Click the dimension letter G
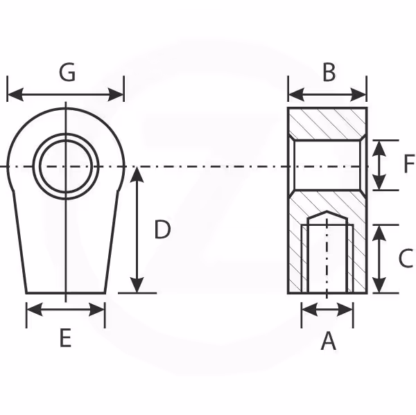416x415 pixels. [67, 72]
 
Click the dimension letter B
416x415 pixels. [329, 72]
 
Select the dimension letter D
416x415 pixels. [162, 229]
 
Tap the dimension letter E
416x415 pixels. [66, 338]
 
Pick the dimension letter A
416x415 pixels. [329, 341]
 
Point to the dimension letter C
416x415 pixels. [406, 258]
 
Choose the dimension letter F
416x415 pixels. [409, 164]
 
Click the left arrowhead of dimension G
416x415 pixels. [15, 94]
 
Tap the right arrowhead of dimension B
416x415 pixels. [358, 94]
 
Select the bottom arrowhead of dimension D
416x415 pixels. [137, 285]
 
